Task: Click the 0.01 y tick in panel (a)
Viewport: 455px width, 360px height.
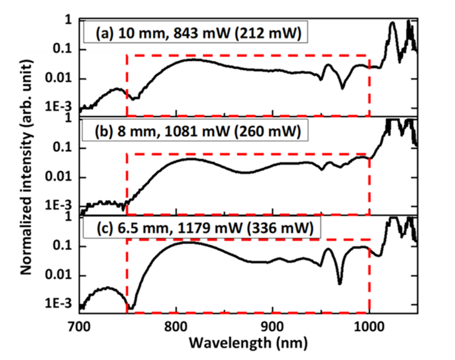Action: [58, 79]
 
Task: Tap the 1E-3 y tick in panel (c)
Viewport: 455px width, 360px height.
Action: [57, 305]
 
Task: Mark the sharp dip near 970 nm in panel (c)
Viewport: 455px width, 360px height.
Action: [339, 282]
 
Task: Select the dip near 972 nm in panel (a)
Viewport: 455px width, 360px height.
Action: [343, 87]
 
